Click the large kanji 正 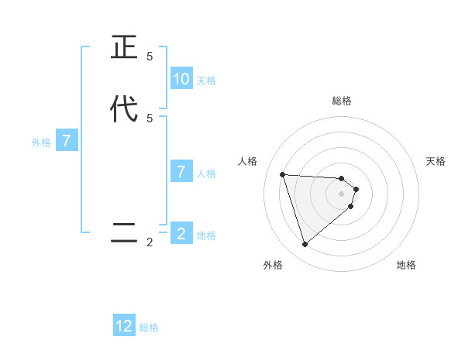(124, 48)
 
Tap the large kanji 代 (124, 108)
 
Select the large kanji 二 (124, 233)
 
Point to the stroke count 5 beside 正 (150, 57)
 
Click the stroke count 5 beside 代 (150, 118)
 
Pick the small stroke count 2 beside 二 (150, 242)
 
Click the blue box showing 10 (181, 79)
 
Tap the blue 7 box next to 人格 (181, 172)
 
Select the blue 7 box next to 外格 (67, 142)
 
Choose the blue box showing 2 (181, 233)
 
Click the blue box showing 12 (124, 326)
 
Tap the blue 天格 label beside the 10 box (206, 81)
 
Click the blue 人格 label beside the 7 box (206, 173)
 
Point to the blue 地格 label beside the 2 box (206, 235)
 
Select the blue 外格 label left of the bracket (41, 143)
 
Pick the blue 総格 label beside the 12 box (149, 328)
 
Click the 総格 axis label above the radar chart (342, 101)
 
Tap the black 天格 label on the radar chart (436, 161)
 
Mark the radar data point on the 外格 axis (305, 245)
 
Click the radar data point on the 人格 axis (282, 174)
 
